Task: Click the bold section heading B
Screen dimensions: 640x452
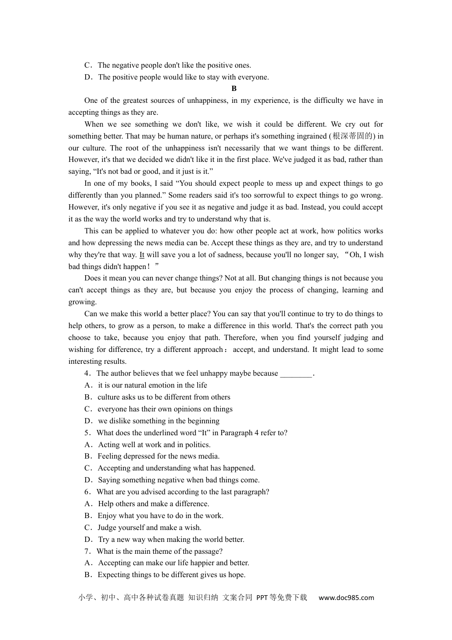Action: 234,89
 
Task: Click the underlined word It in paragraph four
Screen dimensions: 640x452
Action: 142,255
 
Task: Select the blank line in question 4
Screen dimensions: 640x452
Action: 296,374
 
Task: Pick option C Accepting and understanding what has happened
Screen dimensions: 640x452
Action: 176,468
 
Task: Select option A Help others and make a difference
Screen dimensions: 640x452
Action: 153,504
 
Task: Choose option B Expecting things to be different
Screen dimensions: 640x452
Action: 171,575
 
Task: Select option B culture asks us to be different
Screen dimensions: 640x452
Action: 164,397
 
